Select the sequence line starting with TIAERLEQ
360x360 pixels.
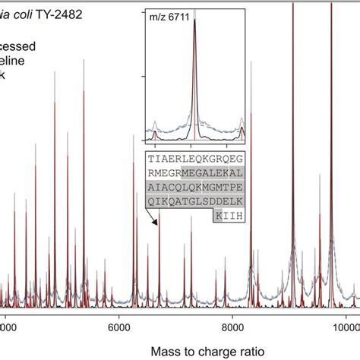tap(186, 158)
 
